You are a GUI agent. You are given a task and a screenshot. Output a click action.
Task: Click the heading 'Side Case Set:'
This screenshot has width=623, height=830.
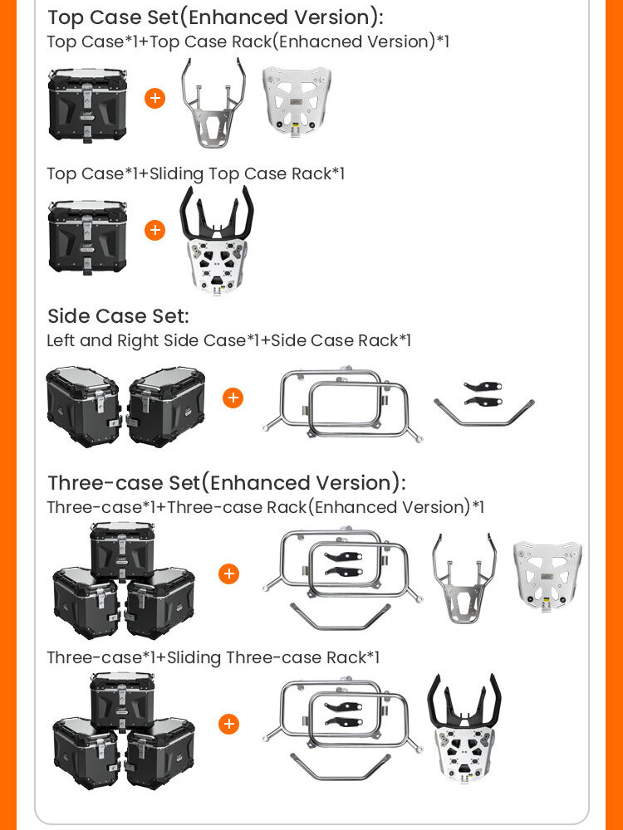[118, 316]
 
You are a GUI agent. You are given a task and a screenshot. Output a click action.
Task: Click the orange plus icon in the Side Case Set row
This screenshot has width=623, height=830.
[233, 398]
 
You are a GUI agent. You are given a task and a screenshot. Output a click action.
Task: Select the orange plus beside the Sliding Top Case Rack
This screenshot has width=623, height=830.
[155, 230]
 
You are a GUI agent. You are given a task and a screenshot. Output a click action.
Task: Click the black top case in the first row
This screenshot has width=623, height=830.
[87, 105]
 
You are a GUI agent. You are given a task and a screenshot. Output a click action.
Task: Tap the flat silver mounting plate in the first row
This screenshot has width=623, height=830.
[297, 100]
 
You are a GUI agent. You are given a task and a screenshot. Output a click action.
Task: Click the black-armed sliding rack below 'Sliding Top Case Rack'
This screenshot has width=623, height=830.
[217, 241]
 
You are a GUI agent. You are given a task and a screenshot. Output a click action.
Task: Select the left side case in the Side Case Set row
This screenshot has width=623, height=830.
[84, 407]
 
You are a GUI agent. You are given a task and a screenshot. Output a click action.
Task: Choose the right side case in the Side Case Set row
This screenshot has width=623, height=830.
[166, 407]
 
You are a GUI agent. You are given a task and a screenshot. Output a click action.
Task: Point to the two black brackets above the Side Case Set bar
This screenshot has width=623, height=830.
[483, 393]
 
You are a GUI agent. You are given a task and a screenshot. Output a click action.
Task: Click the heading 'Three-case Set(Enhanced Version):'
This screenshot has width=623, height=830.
[227, 483]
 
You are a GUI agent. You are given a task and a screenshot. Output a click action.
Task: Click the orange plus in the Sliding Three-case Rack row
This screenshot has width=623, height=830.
[229, 724]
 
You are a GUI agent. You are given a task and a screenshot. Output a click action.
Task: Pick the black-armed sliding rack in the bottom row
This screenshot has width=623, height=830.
[464, 729]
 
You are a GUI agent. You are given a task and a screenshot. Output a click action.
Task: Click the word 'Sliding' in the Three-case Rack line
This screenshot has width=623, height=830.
[194, 658]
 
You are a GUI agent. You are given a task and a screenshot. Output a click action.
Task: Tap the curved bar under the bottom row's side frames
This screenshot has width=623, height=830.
[340, 767]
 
